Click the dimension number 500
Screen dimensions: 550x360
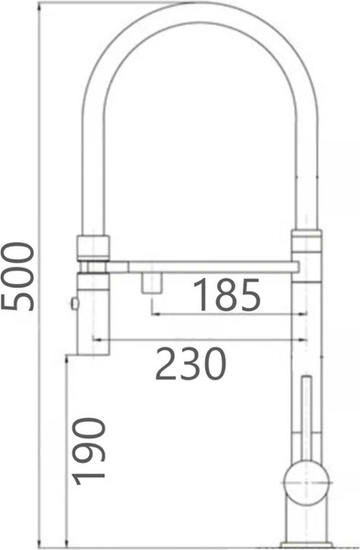[x=18, y=276]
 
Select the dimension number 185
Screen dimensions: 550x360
[x=226, y=295]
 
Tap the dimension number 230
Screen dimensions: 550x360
[x=191, y=364]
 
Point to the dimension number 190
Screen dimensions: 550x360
[x=90, y=450]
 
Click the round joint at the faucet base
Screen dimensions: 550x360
[x=306, y=479]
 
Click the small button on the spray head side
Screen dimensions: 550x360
[x=73, y=302]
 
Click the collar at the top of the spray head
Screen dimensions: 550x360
[x=93, y=246]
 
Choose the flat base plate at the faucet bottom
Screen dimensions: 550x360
[x=306, y=544]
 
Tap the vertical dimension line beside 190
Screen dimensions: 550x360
[x=67, y=449]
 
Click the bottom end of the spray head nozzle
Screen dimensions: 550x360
[x=93, y=350]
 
